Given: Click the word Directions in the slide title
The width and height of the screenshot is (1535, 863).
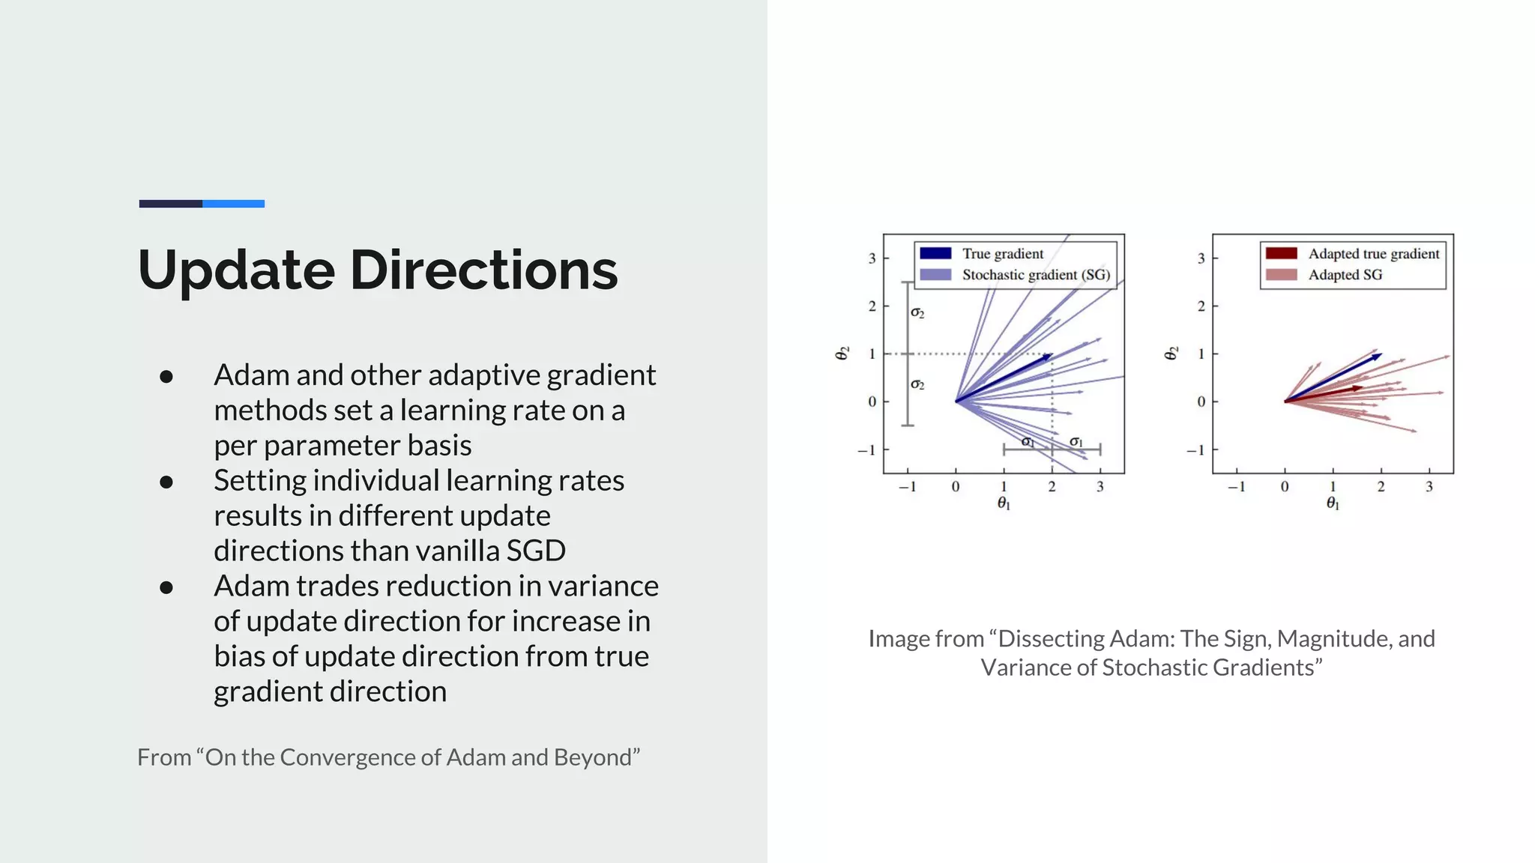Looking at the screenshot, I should click(x=483, y=270).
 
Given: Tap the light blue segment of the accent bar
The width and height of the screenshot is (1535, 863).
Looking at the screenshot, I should click(x=233, y=204).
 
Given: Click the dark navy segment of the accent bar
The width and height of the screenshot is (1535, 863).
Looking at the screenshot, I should click(x=170, y=204).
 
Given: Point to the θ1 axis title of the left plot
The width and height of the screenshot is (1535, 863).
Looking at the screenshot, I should click(x=1004, y=504).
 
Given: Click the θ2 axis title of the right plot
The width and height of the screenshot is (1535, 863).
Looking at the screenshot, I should click(x=1171, y=353).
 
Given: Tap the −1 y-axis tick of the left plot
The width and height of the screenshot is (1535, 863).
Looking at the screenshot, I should click(x=866, y=450).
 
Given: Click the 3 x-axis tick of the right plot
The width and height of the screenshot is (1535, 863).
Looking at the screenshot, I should click(x=1429, y=487).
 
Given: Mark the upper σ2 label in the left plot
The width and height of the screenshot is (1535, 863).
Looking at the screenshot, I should click(x=917, y=313).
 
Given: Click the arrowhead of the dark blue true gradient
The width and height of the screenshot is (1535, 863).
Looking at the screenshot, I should click(x=1049, y=357).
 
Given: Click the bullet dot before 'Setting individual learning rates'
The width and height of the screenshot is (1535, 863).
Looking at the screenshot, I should click(x=166, y=482).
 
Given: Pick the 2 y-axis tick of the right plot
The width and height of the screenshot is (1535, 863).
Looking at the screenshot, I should click(x=1201, y=306).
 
